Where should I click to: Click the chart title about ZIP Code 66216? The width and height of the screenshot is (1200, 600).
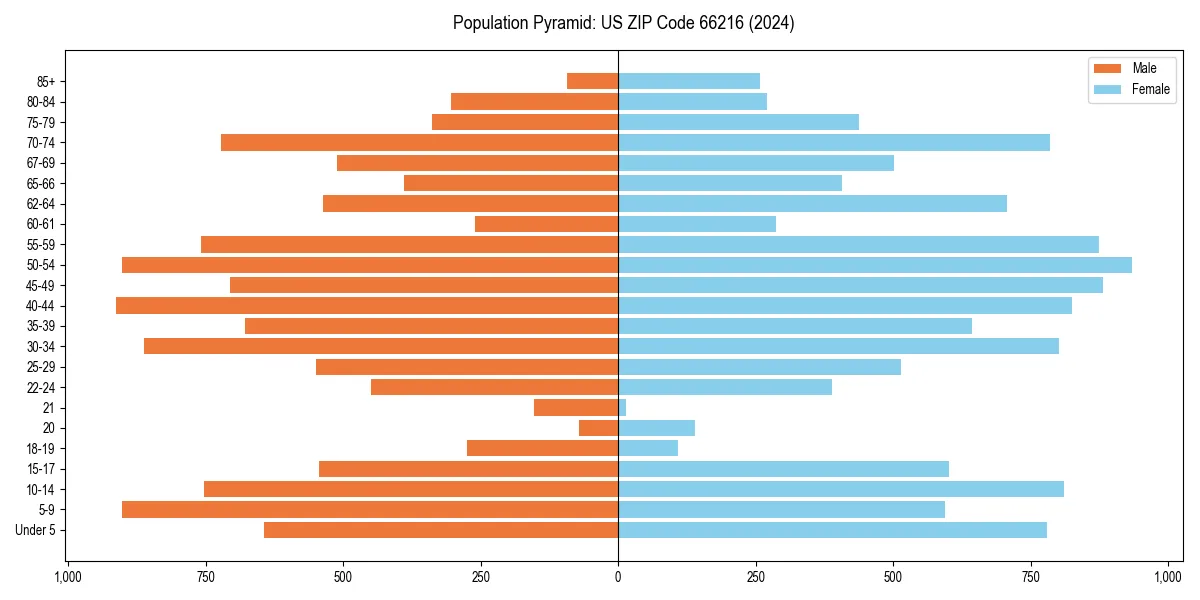click(x=623, y=23)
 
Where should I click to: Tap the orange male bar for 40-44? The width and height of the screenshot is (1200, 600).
click(x=367, y=305)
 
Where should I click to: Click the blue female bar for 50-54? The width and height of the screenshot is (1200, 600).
click(x=875, y=265)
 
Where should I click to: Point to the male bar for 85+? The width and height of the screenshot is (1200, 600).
click(x=592, y=81)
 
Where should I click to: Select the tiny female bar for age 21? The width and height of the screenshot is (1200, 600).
click(x=622, y=407)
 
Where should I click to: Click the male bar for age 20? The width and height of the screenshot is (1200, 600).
click(x=598, y=428)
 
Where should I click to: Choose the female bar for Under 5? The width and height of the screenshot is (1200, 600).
click(x=832, y=530)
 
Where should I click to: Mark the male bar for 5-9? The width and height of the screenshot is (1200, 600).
click(x=370, y=509)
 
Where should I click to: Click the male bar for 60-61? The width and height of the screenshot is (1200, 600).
click(x=546, y=224)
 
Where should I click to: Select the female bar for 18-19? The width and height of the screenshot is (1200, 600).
click(x=648, y=448)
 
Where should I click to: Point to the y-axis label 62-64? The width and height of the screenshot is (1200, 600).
click(x=41, y=204)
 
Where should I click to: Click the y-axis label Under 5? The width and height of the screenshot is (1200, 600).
click(x=36, y=530)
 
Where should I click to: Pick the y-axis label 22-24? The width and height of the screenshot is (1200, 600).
click(x=41, y=387)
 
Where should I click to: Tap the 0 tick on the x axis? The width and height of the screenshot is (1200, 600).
click(x=618, y=577)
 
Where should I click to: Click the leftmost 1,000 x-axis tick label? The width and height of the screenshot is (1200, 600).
click(x=67, y=577)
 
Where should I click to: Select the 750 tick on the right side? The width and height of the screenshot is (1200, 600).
click(x=1031, y=577)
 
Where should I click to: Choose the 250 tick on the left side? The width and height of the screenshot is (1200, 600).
click(x=480, y=577)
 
